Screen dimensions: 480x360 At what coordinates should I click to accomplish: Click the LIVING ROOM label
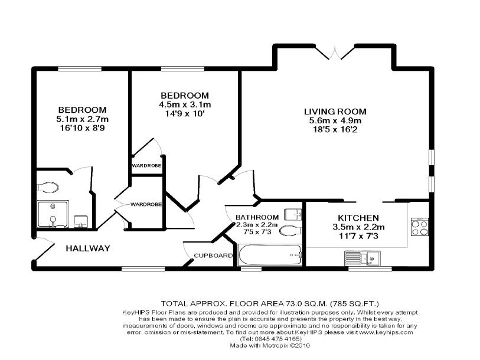[x=335, y=112]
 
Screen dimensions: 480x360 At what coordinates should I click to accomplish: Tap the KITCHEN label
[x=358, y=218]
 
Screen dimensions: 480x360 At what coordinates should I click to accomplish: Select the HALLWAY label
[x=88, y=248]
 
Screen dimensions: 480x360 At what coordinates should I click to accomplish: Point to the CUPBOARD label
[x=213, y=256]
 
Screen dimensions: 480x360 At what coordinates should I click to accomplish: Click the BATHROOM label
[x=257, y=217]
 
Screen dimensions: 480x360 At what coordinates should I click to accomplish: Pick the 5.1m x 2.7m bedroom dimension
[x=82, y=119]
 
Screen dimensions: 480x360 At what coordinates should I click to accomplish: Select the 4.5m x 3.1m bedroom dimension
[x=185, y=104]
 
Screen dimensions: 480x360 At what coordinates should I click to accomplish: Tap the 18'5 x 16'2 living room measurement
[x=335, y=129]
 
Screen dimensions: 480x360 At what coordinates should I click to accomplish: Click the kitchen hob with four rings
[x=420, y=227]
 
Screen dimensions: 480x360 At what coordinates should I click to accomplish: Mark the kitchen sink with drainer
[x=362, y=258]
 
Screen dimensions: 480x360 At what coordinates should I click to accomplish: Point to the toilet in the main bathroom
[x=290, y=231]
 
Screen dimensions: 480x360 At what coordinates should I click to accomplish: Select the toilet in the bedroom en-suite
[x=48, y=187]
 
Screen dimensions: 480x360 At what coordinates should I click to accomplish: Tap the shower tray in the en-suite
[x=53, y=214]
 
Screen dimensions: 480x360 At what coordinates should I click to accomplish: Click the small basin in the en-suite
[x=81, y=222]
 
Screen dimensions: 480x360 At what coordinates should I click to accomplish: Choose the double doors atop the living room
[x=335, y=53]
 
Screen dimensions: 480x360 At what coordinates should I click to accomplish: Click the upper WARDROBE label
[x=146, y=166]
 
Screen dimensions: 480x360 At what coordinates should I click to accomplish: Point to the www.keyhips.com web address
[x=386, y=332]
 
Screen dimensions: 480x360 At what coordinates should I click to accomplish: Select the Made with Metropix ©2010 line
[x=270, y=346]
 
